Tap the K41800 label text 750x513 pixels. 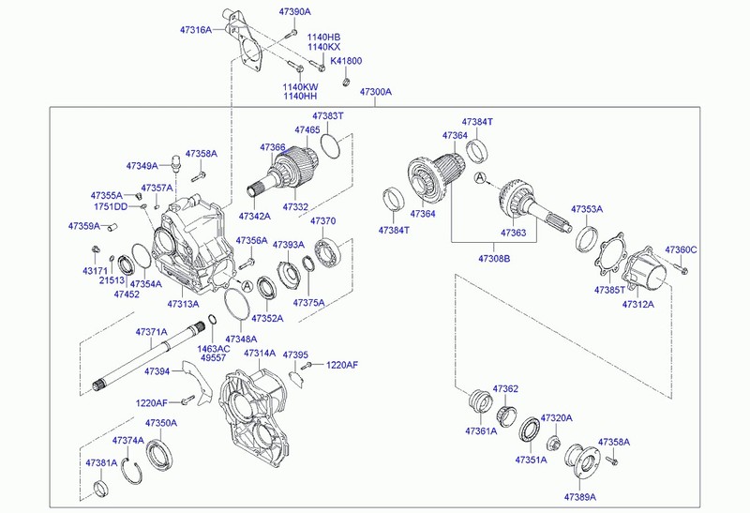(x=346, y=61)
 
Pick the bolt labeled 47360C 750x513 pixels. (x=682, y=271)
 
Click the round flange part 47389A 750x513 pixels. (x=582, y=464)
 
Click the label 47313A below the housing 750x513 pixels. (x=183, y=304)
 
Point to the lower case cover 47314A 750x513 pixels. (x=253, y=413)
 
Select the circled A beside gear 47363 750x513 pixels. (x=480, y=177)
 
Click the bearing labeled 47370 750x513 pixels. (x=328, y=252)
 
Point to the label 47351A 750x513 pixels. (x=530, y=460)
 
